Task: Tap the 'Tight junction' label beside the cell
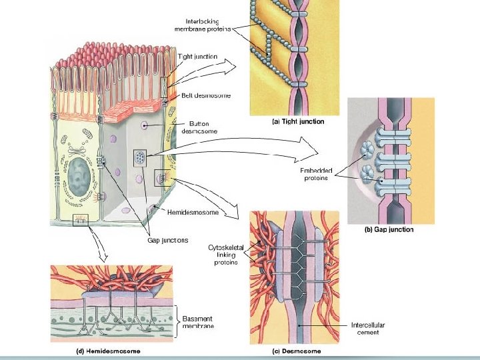coord(197,57)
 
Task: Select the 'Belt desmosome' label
coord(206,95)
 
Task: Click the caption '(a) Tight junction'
coord(299,121)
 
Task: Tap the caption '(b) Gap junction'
coord(389,230)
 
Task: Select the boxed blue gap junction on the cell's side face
coord(140,158)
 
